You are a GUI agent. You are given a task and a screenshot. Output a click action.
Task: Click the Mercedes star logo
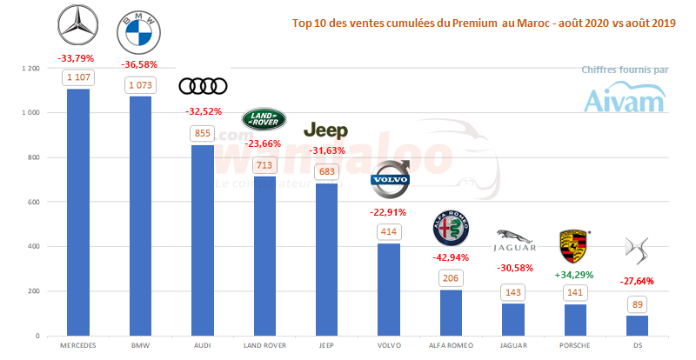click(78, 27)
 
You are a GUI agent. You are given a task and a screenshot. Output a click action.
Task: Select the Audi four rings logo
click(202, 85)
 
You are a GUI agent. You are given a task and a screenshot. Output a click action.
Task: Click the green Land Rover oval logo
click(264, 118)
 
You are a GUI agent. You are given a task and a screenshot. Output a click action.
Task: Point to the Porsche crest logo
click(573, 248)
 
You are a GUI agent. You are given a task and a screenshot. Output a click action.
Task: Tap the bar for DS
click(637, 325)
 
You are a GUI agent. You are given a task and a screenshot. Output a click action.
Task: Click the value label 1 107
click(78, 78)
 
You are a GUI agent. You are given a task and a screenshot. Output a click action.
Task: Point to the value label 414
click(388, 232)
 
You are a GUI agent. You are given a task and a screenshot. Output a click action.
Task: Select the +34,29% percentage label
click(574, 275)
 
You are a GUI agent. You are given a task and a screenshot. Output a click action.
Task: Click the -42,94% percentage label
click(451, 258)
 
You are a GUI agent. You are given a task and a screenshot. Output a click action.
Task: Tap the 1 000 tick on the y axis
click(30, 113)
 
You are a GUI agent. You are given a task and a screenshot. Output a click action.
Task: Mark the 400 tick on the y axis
click(34, 246)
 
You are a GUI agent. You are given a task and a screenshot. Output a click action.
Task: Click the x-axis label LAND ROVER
click(264, 345)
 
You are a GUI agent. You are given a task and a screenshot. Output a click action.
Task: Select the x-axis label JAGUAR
click(512, 345)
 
